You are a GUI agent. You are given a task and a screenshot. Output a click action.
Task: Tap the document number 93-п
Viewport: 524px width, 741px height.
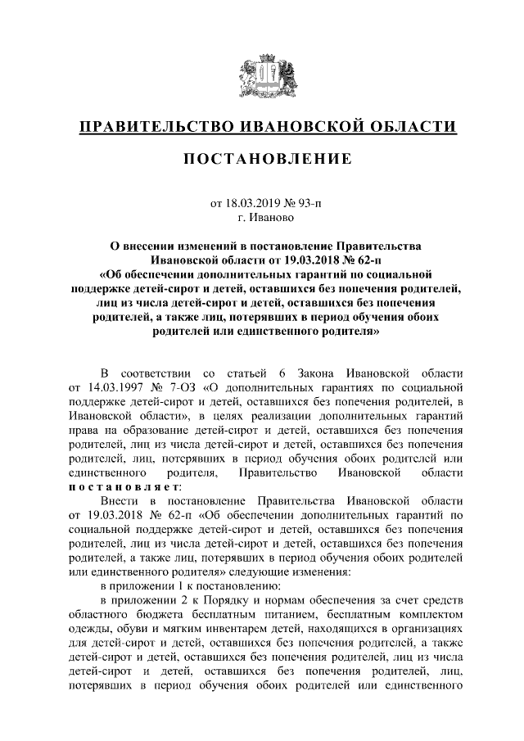tap(306, 202)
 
